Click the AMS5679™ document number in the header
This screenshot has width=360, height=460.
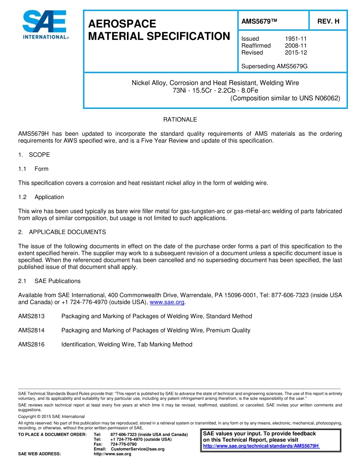tap(260, 22)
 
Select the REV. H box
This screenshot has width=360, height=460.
tap(328, 22)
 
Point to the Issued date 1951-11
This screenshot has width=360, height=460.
tap(296, 39)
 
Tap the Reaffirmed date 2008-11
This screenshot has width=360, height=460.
tap(296, 46)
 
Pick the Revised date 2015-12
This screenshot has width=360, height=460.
tap(296, 53)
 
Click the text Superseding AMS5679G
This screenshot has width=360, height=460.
tap(274, 66)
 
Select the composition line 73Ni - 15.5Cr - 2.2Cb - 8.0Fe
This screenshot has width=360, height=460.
tap(215, 90)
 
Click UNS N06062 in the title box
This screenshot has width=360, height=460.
tap(321, 98)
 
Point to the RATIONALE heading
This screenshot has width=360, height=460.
tap(180, 119)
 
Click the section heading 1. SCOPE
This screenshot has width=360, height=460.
tap(34, 155)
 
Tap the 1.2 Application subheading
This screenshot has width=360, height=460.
tap(41, 197)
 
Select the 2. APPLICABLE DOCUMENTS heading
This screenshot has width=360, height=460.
tap(62, 232)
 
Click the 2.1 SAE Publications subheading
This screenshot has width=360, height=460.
tap(49, 281)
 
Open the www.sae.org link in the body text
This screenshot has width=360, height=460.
tap(167, 302)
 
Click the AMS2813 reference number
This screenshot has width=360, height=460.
tap(31, 316)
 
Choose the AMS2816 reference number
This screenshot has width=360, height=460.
tap(31, 344)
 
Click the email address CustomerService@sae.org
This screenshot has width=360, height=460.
tap(138, 449)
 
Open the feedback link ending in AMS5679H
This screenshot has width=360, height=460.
tap(261, 446)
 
